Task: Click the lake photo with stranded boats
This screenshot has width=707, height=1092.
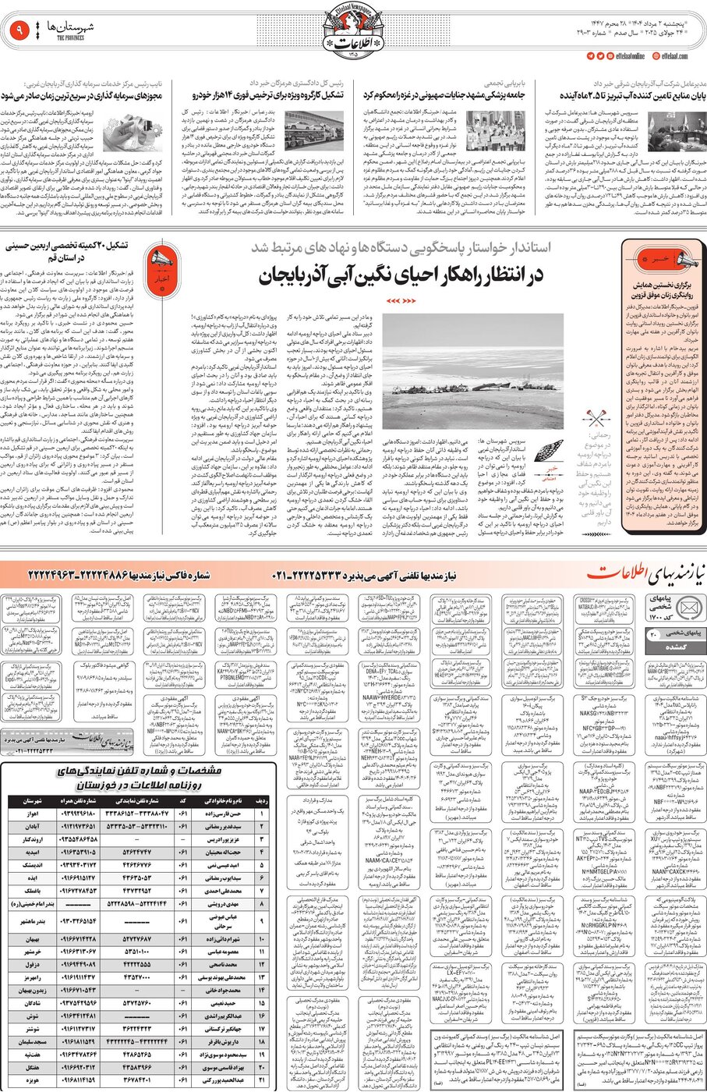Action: [x=463, y=372]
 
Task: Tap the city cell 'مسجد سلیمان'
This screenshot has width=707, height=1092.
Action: [x=33, y=1041]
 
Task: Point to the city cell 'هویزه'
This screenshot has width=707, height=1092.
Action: [x=33, y=1080]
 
